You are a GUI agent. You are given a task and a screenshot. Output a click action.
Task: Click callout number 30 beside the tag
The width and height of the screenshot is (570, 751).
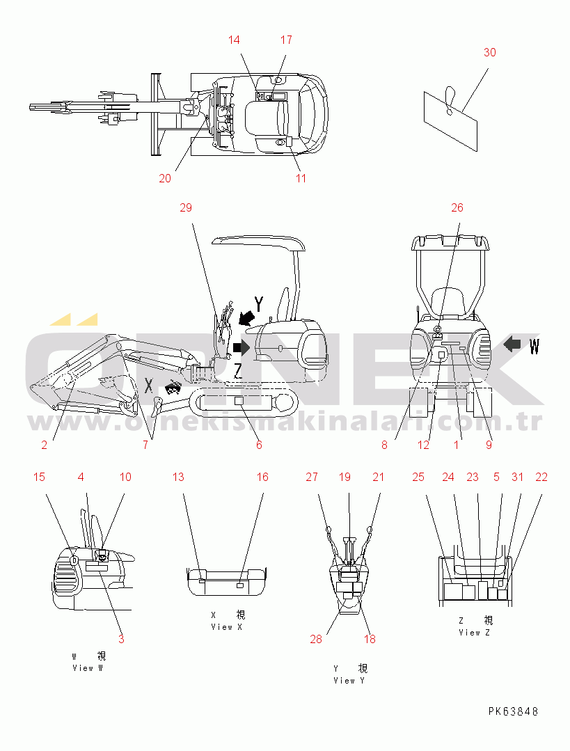point(489,52)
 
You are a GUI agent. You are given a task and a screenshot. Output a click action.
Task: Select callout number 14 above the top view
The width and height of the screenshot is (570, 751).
point(234,40)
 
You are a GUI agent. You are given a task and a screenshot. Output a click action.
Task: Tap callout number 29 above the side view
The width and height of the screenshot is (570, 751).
point(186,207)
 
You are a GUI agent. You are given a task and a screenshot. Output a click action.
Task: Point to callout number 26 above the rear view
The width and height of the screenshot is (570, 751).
point(457,207)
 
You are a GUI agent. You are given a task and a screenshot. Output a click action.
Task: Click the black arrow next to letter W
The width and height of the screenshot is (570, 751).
point(512,343)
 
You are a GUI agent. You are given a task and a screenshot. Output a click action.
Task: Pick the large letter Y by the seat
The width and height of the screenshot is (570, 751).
point(259,304)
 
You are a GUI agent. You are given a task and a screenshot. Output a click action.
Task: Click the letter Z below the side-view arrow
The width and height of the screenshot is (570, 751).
point(237,371)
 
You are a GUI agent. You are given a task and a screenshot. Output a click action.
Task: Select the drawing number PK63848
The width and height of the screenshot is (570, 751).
point(513,711)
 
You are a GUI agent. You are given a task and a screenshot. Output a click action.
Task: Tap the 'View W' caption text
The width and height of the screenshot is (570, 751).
point(88,668)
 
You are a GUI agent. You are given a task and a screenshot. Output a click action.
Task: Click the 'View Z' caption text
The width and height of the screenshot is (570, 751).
point(474,633)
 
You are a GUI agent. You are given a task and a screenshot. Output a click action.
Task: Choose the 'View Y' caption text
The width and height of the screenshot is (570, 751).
point(349,681)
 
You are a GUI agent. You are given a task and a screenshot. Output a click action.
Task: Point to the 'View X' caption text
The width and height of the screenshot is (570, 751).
point(227,627)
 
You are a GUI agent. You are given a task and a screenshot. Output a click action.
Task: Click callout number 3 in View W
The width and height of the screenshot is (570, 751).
point(121,639)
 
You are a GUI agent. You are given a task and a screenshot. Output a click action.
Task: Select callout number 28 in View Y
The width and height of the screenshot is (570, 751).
point(316,639)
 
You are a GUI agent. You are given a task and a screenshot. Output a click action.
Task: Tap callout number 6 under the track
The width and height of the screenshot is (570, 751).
point(259,445)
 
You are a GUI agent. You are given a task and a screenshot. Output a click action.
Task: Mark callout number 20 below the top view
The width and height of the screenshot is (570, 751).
point(165,178)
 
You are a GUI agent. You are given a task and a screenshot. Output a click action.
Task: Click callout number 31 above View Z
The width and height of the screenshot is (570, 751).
point(517,477)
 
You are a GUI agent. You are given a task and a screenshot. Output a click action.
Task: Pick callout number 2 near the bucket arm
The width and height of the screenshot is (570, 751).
point(44,445)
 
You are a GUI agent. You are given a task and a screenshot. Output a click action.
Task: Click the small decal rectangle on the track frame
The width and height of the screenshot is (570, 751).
point(239,402)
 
